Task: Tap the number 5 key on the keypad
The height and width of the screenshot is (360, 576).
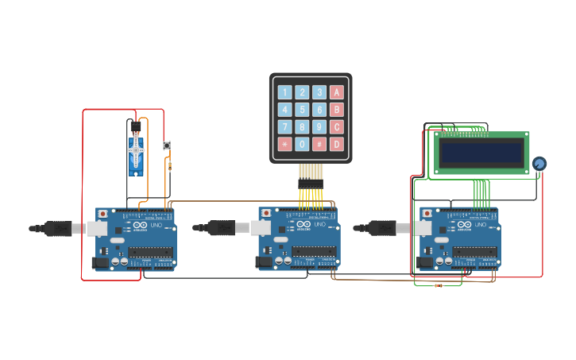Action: point(302,110)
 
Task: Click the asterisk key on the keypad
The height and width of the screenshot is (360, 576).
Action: point(284,144)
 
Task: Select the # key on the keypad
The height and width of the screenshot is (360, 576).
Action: point(319,144)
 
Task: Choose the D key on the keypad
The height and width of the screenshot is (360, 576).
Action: point(337,144)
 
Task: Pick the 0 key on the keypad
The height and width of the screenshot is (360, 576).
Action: point(302,144)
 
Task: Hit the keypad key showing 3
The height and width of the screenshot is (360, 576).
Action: point(319,92)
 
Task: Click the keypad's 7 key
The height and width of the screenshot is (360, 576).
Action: point(284,127)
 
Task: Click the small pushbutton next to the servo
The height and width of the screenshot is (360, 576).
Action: point(167,145)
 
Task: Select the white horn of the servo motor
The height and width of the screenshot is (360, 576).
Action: point(136,149)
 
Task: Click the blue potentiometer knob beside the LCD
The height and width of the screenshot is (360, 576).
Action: point(539,164)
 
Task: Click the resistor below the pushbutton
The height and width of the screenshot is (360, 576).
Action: point(170,165)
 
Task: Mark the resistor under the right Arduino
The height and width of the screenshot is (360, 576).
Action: point(438,285)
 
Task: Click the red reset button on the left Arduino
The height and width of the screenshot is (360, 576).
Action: point(102,214)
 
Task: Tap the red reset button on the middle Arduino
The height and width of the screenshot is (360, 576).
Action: point(265,214)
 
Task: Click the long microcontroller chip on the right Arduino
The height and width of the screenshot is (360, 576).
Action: point(474,252)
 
